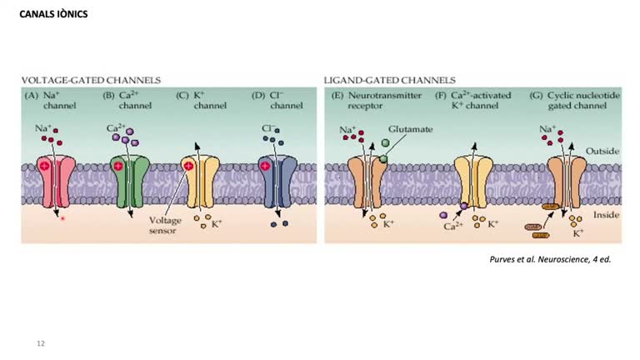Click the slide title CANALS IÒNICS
[x=53, y=15]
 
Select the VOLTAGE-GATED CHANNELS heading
[x=91, y=81]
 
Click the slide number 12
[x=41, y=343]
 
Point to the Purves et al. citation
[x=550, y=259]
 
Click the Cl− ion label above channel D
[x=267, y=128]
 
